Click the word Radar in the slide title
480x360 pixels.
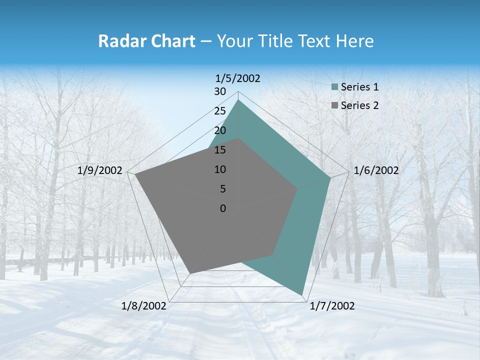click(x=118, y=41)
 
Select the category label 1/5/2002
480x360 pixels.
click(x=237, y=78)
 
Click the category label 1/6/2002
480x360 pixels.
click(x=376, y=170)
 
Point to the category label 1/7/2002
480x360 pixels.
click(x=332, y=306)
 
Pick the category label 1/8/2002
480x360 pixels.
click(x=144, y=306)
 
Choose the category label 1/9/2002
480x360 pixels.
click(x=100, y=170)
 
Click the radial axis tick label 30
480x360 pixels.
click(x=220, y=91)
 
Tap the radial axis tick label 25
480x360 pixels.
click(x=220, y=111)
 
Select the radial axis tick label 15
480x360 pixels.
click(x=220, y=150)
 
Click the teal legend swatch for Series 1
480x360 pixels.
click(x=334, y=87)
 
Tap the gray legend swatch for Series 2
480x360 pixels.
click(x=334, y=105)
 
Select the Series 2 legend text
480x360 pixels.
click(x=359, y=105)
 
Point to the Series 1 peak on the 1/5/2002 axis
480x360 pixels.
click(x=238, y=100)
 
